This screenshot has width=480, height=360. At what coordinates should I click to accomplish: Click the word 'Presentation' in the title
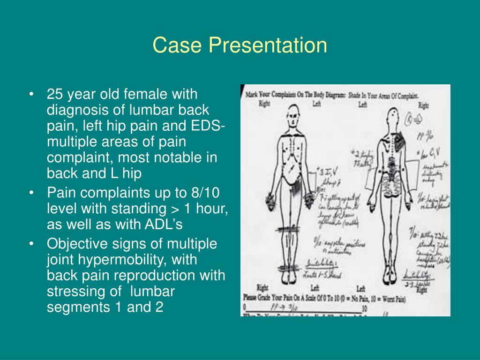268,45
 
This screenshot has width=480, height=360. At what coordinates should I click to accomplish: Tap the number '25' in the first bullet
55,94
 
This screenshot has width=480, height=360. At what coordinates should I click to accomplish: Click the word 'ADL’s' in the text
165,225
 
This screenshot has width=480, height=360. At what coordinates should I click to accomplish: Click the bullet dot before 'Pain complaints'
31,193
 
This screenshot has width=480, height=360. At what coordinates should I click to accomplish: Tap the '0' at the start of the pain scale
245,307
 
